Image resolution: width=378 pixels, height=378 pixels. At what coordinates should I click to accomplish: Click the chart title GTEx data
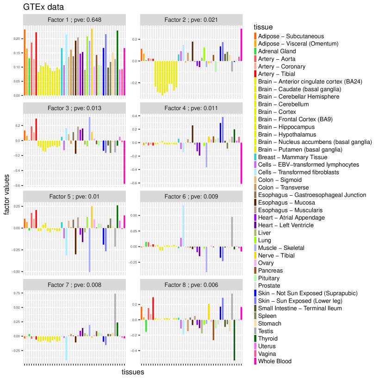tap(43, 7)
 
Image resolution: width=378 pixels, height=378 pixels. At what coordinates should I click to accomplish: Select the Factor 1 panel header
tap(74, 19)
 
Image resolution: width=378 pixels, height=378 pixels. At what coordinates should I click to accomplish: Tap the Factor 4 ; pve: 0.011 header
tap(191, 108)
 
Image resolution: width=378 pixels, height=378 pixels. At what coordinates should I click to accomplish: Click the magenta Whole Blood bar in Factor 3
tap(124, 162)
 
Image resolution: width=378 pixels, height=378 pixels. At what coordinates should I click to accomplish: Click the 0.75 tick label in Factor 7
tap(18, 293)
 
